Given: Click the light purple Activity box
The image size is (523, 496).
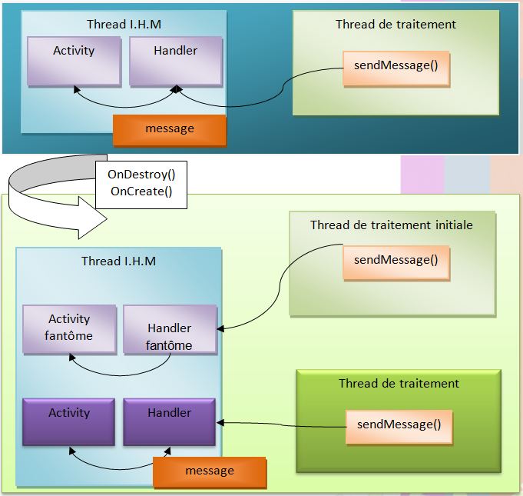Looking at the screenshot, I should pos(74,60).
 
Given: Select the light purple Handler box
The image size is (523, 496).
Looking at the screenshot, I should pos(175,60).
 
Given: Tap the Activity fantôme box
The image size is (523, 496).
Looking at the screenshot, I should pos(69,328).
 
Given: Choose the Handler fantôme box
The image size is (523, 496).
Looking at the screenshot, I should pos(169,328).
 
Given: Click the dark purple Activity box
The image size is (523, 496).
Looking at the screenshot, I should pos(69,421).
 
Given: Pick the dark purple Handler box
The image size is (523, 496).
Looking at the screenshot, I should pos(169,421).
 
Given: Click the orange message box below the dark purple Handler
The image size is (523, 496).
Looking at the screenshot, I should pos(210,471).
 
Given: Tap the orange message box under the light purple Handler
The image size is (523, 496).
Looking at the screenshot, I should pos(170,129).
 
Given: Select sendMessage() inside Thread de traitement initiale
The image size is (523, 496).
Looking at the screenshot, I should pos(396,261).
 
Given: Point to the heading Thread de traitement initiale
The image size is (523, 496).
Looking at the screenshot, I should pos(392,225).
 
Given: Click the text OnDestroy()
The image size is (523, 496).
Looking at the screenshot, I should pos(141,175).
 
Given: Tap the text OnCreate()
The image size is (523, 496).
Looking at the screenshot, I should pos(141,191).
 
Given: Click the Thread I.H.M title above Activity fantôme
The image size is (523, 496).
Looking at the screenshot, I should pos(118,261).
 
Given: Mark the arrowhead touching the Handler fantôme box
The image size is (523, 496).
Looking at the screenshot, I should pos(220,329).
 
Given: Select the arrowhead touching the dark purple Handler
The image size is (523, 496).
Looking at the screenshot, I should pos(220,421).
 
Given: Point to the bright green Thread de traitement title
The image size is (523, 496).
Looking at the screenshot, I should pos(399,383).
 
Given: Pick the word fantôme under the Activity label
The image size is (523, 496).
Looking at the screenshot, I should pos(69,336).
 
